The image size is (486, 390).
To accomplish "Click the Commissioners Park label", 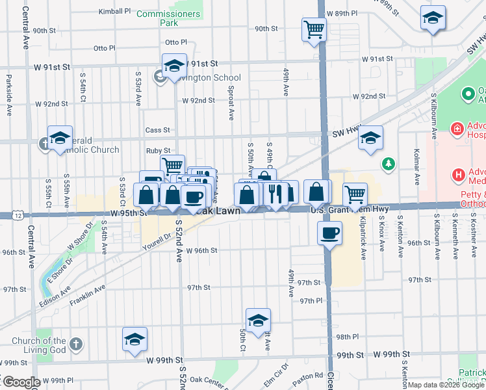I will pos(169,18).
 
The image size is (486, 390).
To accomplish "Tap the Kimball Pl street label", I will pos(114,12).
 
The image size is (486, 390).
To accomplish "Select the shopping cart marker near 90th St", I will pos(314,29).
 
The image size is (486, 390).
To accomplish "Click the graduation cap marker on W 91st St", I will pos(174,66).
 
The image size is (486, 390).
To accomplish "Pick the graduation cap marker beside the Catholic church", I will pos(59,138).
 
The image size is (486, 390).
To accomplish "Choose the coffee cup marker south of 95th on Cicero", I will pos(329,232).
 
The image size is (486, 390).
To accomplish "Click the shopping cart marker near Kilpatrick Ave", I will pos(355,193).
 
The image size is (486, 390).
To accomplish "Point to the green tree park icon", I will pos(389,163).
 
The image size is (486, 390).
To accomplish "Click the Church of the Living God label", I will pos(39,345).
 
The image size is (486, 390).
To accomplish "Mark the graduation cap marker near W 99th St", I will pos(135,339).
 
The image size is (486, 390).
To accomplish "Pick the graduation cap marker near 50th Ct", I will pos(258,320).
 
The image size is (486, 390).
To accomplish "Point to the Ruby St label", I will pos(158,151).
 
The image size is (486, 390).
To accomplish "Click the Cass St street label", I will pos(157,130).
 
